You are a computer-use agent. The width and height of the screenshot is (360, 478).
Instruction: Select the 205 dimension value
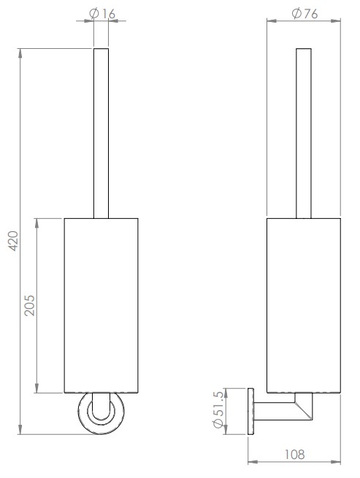pos(30,305)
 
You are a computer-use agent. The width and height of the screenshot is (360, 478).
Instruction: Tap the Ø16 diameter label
pos(101,13)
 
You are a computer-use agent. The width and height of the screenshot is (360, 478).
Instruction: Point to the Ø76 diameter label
pos(303,13)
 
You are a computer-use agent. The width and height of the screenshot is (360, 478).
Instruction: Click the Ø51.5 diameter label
pos(218,412)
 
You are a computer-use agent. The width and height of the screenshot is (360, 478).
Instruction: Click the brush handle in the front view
pos(101,131)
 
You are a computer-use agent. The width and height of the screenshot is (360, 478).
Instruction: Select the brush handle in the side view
pos(304,131)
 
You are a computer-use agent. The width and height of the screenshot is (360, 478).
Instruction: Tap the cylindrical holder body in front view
pos(101,305)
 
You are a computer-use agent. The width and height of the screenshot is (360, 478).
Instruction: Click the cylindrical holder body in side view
pos(304,305)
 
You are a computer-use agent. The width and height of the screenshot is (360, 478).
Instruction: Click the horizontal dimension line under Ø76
pos(303,22)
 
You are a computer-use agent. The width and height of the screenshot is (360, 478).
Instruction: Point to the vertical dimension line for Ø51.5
pos(229,412)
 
